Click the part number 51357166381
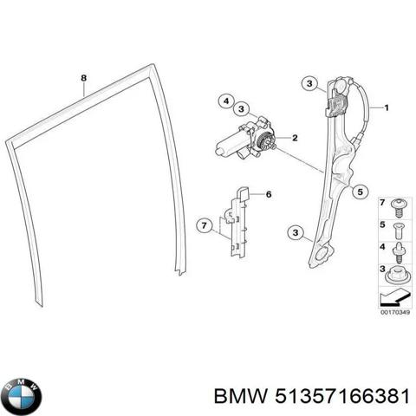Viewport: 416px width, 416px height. pyautogui.click(x=342, y=396)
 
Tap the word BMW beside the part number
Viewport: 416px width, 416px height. pyautogui.click(x=240, y=396)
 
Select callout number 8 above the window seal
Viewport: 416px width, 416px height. pyautogui.click(x=83, y=78)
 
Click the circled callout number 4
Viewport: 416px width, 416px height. pyautogui.click(x=226, y=101)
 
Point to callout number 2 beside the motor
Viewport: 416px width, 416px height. pyautogui.click(x=295, y=138)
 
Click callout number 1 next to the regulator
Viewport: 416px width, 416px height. pyautogui.click(x=387, y=108)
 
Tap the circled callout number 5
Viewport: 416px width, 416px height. pyautogui.click(x=360, y=192)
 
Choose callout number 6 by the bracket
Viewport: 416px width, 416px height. pyautogui.click(x=269, y=194)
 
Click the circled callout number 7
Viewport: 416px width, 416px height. pyautogui.click(x=205, y=225)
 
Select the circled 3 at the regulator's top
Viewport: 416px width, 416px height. pyautogui.click(x=309, y=84)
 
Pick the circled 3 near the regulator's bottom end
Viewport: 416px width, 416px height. pyautogui.click(x=296, y=232)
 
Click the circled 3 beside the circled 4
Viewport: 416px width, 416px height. pyautogui.click(x=241, y=109)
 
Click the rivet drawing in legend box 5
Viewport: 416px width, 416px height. pyautogui.click(x=399, y=231)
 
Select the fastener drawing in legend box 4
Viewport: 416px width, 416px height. pyautogui.click(x=399, y=252)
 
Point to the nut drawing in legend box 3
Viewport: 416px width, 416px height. pyautogui.click(x=399, y=276)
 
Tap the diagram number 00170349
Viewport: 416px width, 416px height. pyautogui.click(x=395, y=312)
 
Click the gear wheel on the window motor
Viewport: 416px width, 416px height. pyautogui.click(x=265, y=142)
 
